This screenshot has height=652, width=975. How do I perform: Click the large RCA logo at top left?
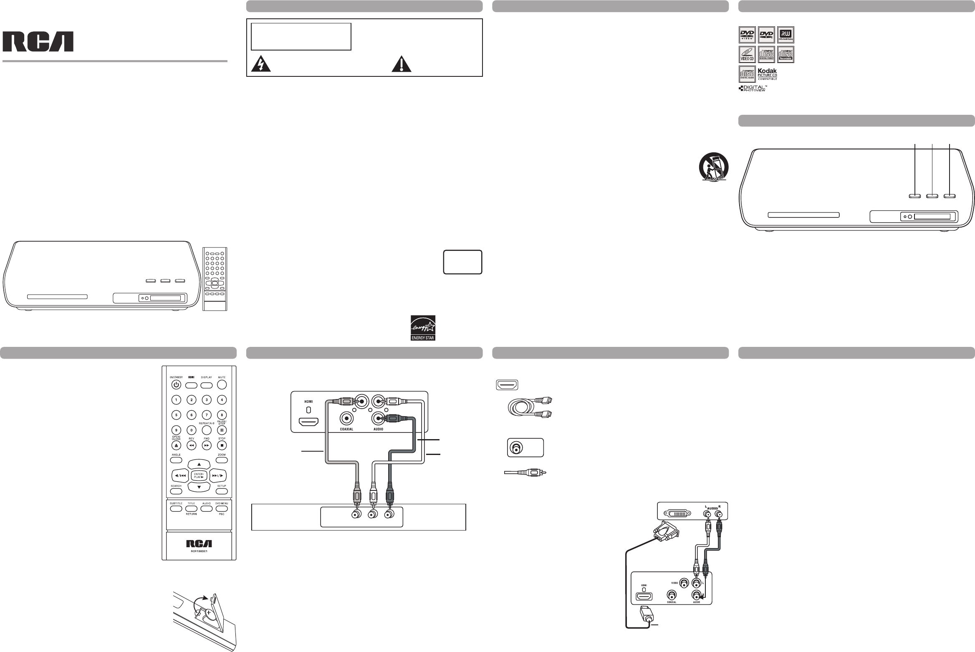(39, 42)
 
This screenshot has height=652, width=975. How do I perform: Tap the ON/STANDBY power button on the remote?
(176, 384)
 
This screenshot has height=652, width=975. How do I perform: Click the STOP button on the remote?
(222, 445)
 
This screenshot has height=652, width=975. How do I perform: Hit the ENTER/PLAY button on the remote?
(199, 475)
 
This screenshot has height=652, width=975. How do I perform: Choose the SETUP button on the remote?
(222, 491)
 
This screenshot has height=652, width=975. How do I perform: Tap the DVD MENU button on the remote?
(222, 509)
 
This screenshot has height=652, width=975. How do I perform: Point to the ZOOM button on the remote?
(222, 460)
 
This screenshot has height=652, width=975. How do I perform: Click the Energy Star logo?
(423, 327)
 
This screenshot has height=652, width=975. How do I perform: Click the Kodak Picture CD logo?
(767, 74)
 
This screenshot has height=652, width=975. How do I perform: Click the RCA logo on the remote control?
(199, 543)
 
